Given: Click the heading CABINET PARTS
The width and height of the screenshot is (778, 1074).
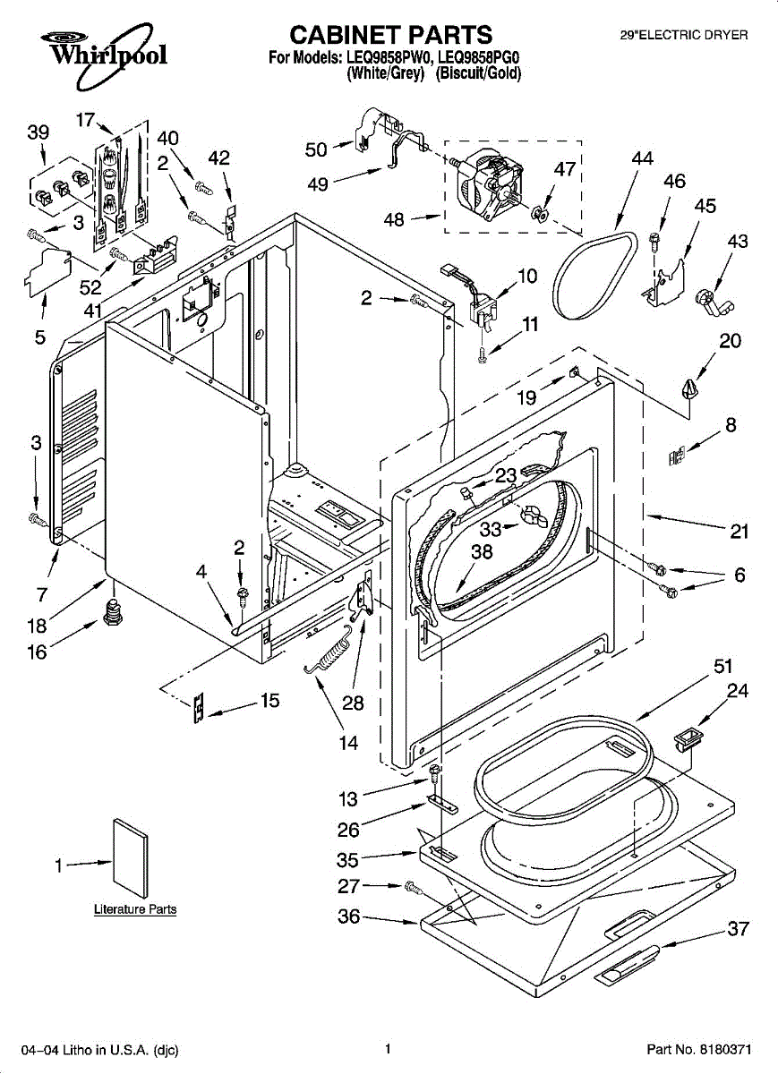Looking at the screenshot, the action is coord(391,35).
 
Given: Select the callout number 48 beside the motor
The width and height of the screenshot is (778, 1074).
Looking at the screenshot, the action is coord(394,220).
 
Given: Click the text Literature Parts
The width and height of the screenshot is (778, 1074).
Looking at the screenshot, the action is coord(135,909).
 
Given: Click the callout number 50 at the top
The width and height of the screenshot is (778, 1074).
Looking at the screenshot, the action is coord(316,150).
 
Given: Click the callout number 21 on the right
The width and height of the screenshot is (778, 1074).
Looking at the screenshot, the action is coord(740,532).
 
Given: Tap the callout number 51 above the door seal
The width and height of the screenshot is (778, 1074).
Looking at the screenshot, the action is coord(723,667).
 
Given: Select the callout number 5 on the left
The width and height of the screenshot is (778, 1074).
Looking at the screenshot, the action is coord(40,337).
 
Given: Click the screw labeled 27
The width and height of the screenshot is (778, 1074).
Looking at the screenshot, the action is coord(414,888).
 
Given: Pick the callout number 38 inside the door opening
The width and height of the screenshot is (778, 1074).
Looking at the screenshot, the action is coord(482,552).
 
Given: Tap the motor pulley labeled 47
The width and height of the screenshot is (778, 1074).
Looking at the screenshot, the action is coord(540,213).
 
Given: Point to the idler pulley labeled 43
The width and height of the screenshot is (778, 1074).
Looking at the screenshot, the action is coord(712,303).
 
